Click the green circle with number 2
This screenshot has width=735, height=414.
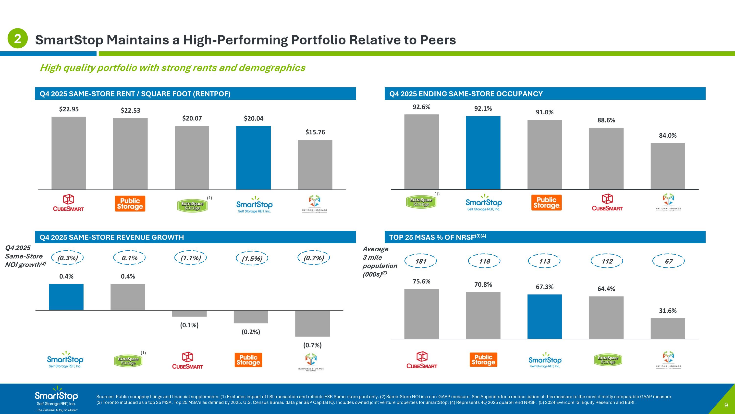[17, 38]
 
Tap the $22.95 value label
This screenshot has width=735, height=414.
[69, 109]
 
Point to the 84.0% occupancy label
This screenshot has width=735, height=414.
[668, 136]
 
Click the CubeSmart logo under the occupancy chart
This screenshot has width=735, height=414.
[607, 202]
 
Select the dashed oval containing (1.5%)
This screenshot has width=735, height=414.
[252, 258]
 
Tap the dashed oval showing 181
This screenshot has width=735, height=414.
[421, 261]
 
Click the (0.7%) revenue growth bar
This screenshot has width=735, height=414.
[312, 323]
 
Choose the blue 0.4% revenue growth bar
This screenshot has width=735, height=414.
[66, 297]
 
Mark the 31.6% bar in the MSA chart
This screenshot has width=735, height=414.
[668, 328]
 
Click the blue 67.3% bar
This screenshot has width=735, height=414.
[544, 316]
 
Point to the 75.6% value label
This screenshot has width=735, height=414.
[421, 281]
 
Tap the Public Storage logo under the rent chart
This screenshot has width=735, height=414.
[130, 203]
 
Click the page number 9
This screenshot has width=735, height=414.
[726, 405]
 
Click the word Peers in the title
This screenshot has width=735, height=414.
[438, 40]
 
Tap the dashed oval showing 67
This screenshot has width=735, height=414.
[669, 261]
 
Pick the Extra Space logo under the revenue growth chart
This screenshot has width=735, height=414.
[128, 361]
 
